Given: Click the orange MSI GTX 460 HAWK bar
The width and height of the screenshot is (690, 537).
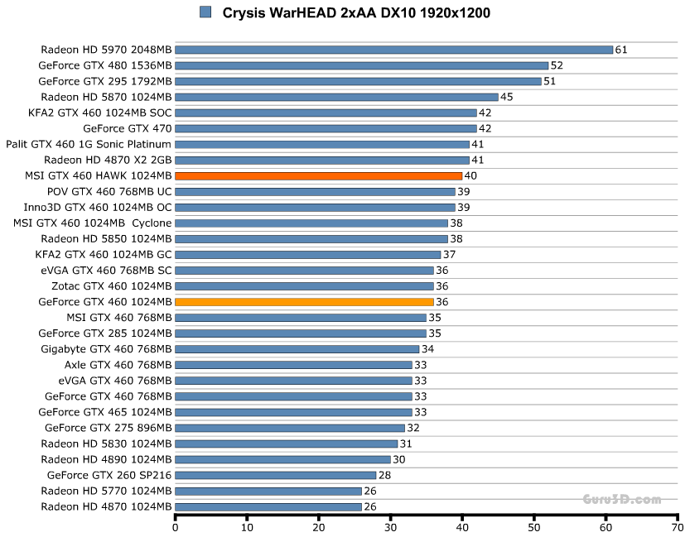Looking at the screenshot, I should [319, 175].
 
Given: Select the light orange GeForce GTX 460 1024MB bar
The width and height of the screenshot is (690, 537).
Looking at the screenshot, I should [305, 301].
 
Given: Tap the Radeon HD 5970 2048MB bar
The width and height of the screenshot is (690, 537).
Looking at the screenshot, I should [393, 50].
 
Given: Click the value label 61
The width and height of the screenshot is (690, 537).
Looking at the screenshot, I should [621, 50].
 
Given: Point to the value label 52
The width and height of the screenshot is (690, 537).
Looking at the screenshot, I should [557, 65].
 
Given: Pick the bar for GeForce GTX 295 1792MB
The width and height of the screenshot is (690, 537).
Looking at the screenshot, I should [358, 81].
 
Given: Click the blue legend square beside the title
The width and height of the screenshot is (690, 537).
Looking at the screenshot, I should [205, 12].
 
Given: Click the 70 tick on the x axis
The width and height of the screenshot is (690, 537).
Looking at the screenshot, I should [678, 527].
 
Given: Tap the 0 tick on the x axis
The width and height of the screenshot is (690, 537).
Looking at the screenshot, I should [176, 527].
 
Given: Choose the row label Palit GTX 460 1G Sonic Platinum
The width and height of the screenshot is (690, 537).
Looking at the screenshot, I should [89, 144].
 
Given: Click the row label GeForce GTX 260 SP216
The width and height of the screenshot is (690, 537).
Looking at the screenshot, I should [109, 475].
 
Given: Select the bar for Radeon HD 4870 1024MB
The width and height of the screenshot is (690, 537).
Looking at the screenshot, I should [268, 506].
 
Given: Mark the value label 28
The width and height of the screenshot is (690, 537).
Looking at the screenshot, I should [384, 475].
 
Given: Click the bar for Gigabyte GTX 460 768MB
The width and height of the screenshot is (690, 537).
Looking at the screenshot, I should [297, 349].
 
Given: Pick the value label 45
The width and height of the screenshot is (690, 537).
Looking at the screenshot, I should [507, 97].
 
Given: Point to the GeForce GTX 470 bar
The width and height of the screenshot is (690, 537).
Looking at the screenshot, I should [326, 128].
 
